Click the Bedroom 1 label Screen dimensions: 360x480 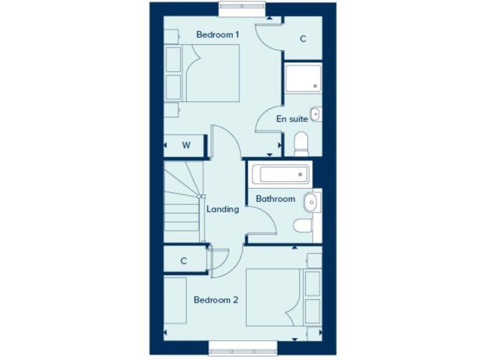217,35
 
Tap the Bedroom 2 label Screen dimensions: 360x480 216,300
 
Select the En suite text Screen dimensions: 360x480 292,118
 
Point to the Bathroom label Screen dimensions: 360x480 275,199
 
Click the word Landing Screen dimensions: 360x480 222,209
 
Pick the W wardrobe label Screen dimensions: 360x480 186,145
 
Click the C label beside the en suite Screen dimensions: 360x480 303,39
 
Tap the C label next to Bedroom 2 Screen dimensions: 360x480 184,261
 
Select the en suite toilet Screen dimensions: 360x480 301,144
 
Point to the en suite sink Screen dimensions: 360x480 316,114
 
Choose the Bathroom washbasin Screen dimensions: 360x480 310,201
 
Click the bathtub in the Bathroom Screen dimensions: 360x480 279,174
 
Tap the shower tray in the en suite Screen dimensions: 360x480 303,77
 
